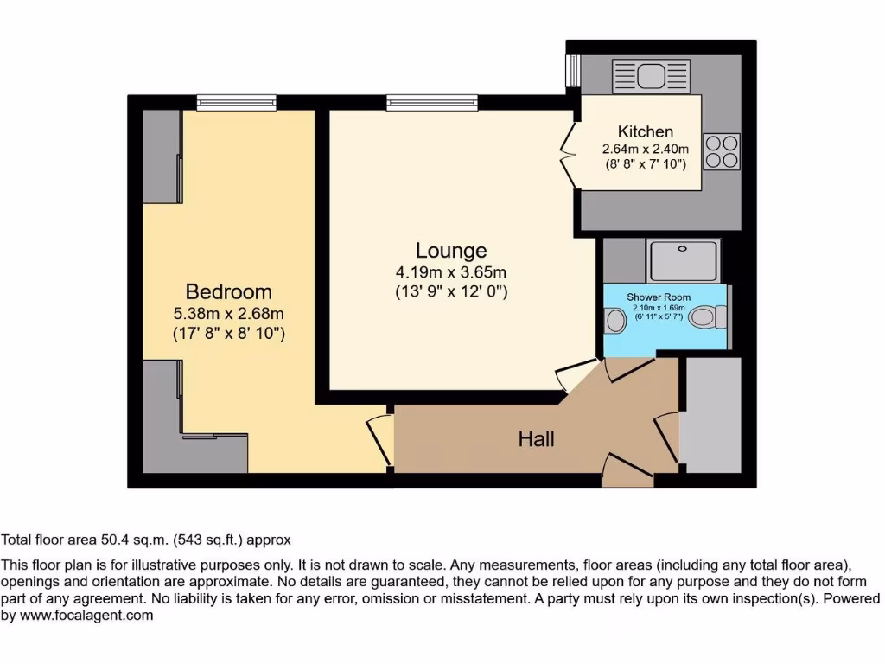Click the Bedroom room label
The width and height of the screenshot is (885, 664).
click(229, 291)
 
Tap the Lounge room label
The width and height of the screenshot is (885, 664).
click(451, 251)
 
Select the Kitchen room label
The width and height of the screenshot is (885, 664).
click(645, 131)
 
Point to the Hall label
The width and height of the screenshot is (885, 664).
click(536, 439)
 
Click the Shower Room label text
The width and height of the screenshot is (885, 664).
click(659, 297)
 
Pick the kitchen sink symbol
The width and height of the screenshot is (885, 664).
click(638, 76)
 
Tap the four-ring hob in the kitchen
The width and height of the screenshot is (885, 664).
click(723, 151)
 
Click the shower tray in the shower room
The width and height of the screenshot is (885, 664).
click(683, 261)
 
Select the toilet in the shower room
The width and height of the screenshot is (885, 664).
click(710, 318)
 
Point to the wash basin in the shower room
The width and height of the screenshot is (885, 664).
click(615, 321)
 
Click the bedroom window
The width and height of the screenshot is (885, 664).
click(236, 102)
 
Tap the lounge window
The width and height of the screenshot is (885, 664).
click(432, 102)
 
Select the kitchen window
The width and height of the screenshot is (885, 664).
click(571, 71)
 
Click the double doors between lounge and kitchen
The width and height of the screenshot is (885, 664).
click(568, 155)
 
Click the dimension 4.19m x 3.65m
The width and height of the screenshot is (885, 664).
click(451, 273)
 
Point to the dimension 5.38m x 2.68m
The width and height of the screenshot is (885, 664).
click(229, 314)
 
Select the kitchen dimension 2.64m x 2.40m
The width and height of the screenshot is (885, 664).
click(645, 149)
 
